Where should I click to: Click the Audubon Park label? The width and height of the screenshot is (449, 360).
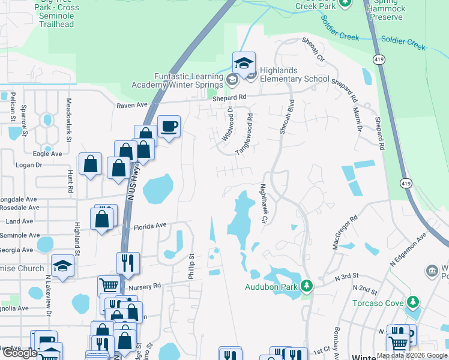coord(271,286)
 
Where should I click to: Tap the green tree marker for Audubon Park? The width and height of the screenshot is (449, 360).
coord(307,284)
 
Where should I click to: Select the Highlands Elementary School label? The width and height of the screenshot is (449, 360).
coord(295,79)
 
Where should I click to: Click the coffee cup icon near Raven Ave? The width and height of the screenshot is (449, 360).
coord(169,127)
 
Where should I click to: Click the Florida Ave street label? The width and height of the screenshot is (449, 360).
coord(149,226)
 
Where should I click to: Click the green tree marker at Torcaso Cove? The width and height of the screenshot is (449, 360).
coord(412,301)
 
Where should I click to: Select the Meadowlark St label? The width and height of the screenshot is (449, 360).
coord(69,121)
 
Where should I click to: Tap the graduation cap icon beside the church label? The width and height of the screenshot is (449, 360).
coord(62,266)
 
